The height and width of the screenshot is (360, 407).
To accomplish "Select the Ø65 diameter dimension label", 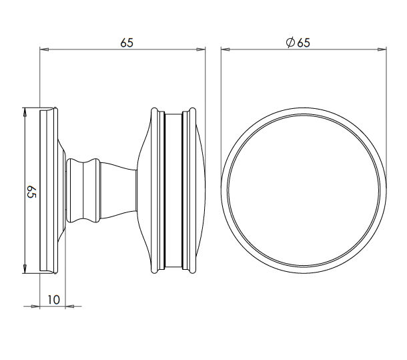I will pyautogui.click(x=298, y=42).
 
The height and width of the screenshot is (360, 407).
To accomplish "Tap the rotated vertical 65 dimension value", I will pyautogui.click(x=31, y=193).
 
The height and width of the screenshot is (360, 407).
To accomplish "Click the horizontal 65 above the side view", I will pyautogui.click(x=127, y=42).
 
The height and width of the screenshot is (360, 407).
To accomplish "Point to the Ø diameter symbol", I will pyautogui.click(x=290, y=42).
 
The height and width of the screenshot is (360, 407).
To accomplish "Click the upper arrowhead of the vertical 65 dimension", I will pyautogui.click(x=25, y=111).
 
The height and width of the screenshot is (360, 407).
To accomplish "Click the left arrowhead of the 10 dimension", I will pyautogui.click(x=37, y=307).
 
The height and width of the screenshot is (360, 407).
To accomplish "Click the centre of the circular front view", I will pyautogui.click(x=304, y=189).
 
